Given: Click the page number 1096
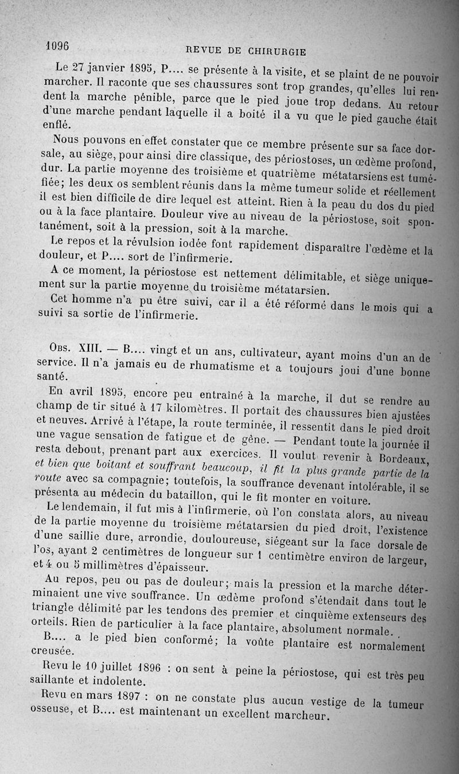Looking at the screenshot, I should [56, 45].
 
